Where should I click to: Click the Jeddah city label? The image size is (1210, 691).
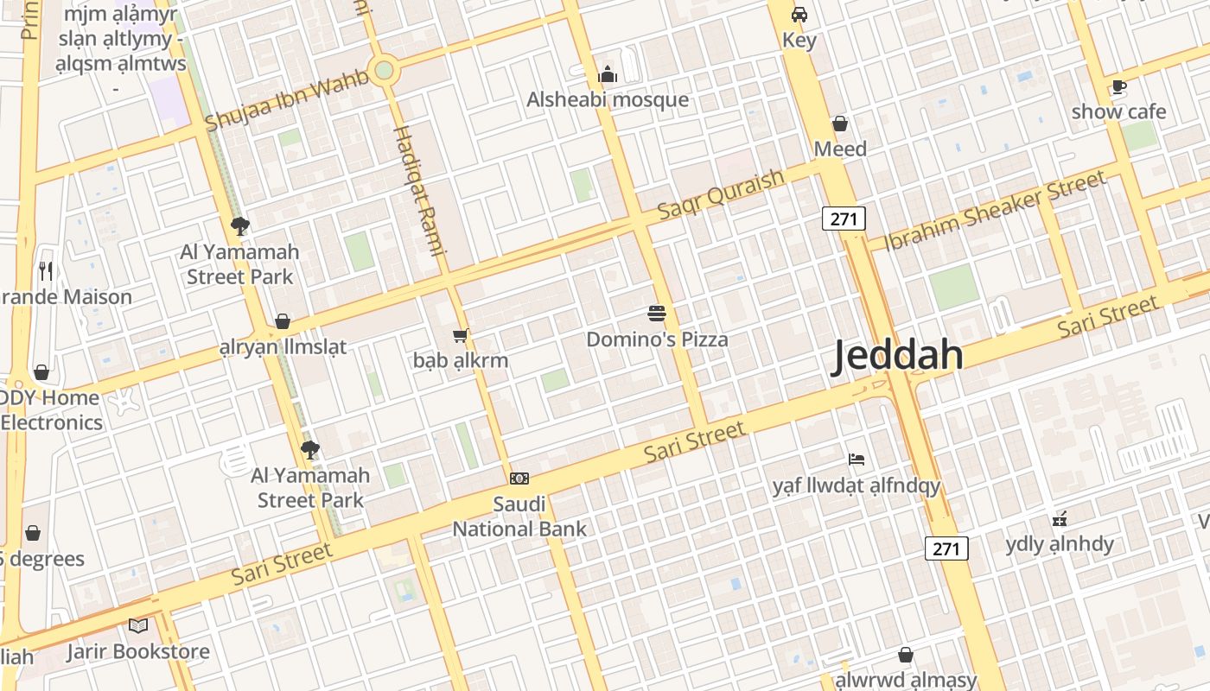897,356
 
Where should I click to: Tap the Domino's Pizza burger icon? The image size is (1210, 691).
657,314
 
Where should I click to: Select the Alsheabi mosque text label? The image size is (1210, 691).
608,99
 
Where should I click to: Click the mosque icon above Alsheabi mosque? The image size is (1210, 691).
608,75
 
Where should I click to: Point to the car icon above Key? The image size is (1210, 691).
799,15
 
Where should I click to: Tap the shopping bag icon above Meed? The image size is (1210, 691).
839,124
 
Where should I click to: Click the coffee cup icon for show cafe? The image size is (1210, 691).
1118,86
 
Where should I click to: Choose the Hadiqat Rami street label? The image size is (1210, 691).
419,190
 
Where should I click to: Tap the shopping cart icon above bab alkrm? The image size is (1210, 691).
460,335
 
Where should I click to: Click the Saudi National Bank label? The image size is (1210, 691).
519,517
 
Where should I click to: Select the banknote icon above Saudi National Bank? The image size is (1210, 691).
519,479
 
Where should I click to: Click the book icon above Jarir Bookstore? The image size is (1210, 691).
138,625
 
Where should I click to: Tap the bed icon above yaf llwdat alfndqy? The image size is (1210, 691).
857,460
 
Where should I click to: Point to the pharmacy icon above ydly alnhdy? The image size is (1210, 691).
1060,519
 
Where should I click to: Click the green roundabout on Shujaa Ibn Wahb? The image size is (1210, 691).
384,70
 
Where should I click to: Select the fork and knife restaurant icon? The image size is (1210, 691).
47,271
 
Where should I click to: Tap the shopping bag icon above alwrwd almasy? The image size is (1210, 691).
906,655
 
